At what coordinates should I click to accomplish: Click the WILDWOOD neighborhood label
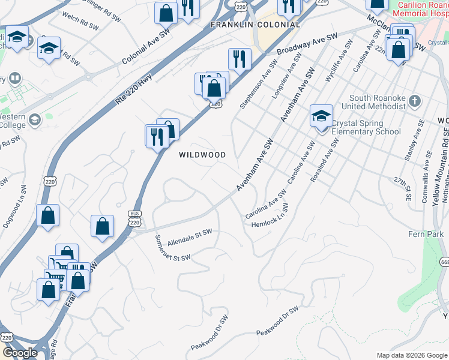coord(202,155)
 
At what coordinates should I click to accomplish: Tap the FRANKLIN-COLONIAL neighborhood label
coord(255,25)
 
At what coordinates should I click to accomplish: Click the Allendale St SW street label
coord(190,238)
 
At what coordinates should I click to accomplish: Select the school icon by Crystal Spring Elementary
coord(321,115)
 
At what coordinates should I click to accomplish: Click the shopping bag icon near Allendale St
coord(103,226)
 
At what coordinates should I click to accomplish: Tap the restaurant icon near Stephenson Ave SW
coord(239,59)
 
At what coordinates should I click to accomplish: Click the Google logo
coord(20,353)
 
